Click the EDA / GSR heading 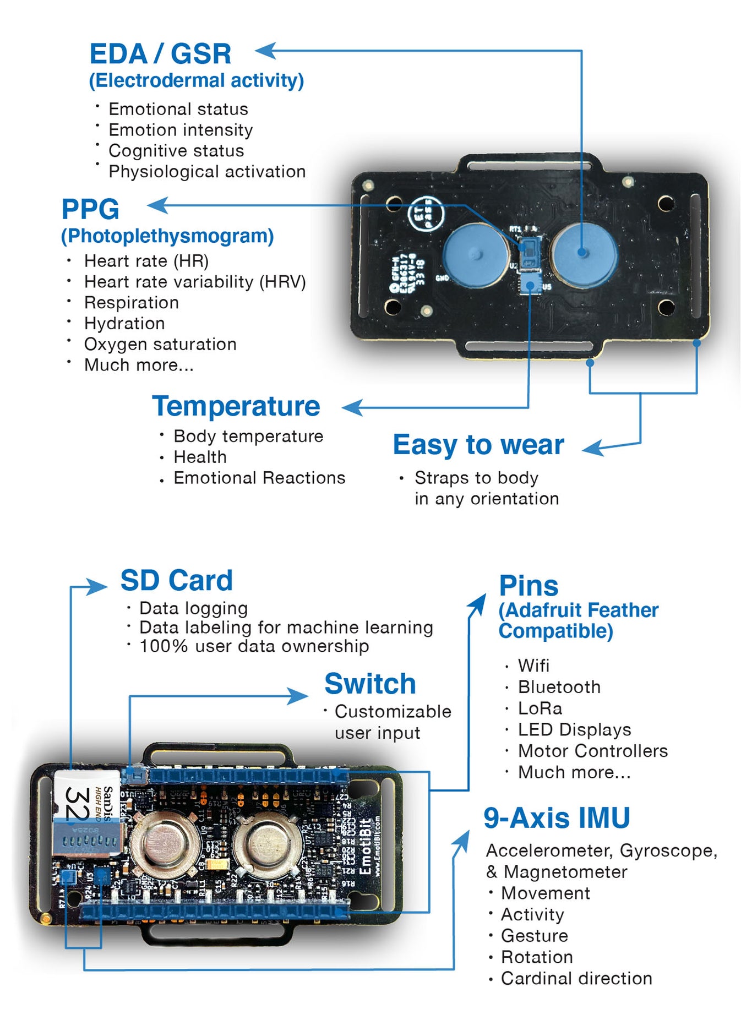click(160, 54)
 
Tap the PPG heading click(90, 209)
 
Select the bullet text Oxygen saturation click(160, 345)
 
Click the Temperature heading click(236, 406)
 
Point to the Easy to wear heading click(478, 445)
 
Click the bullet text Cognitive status click(176, 151)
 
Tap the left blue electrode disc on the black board click(476, 255)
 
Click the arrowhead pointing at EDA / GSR click(265, 51)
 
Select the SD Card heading click(177, 580)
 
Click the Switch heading click(370, 684)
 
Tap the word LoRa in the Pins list click(540, 708)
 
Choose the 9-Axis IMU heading click(557, 818)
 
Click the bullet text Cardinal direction click(576, 978)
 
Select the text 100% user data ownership click(254, 646)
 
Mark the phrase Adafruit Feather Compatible click(577, 621)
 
